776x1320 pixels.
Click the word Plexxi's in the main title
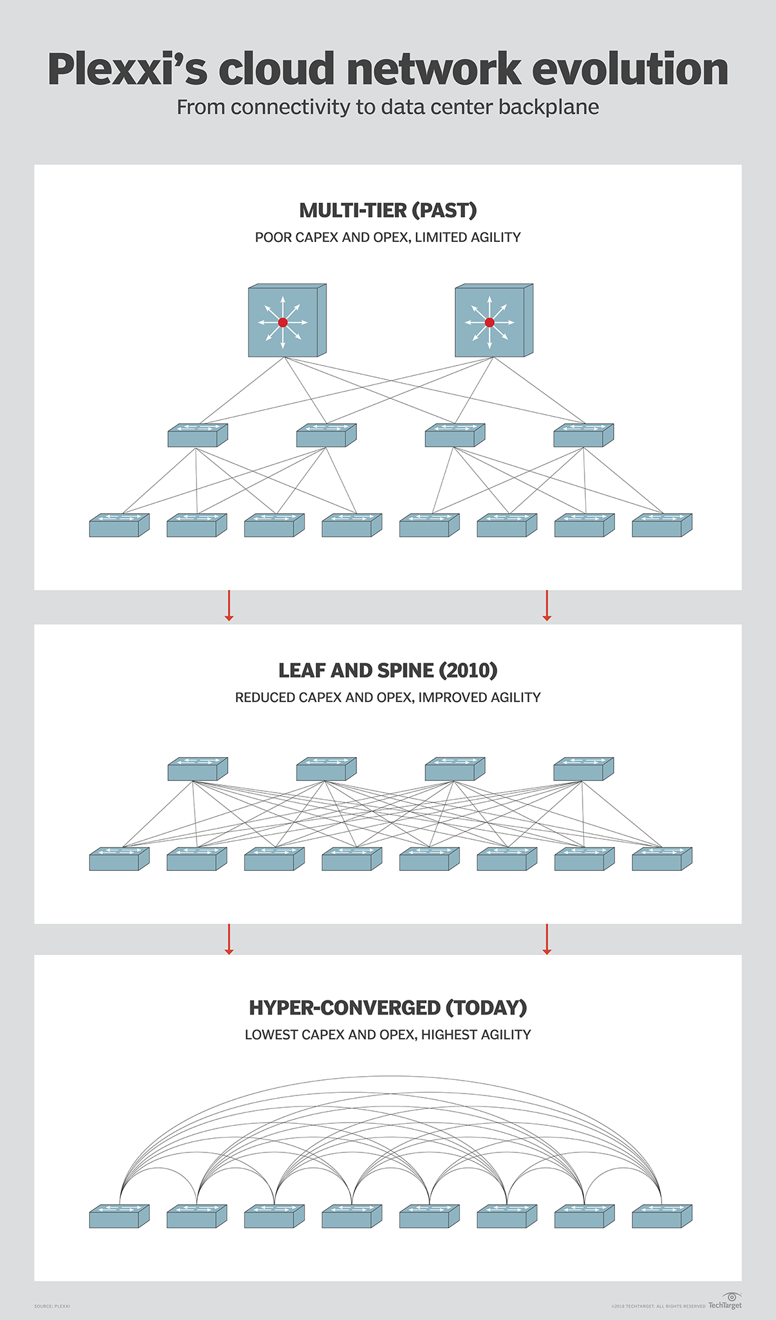click(127, 70)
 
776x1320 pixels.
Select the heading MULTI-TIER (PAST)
click(388, 210)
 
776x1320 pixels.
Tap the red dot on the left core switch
click(283, 322)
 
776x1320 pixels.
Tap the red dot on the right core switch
click(490, 322)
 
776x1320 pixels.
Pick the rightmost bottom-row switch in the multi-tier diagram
click(662, 525)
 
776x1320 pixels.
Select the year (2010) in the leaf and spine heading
click(468, 670)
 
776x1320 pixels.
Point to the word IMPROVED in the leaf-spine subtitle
click(446, 698)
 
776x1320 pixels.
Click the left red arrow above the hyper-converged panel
click(228, 939)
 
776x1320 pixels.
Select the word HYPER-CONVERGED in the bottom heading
click(344, 1007)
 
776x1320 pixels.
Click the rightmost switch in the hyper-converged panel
click(662, 1216)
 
